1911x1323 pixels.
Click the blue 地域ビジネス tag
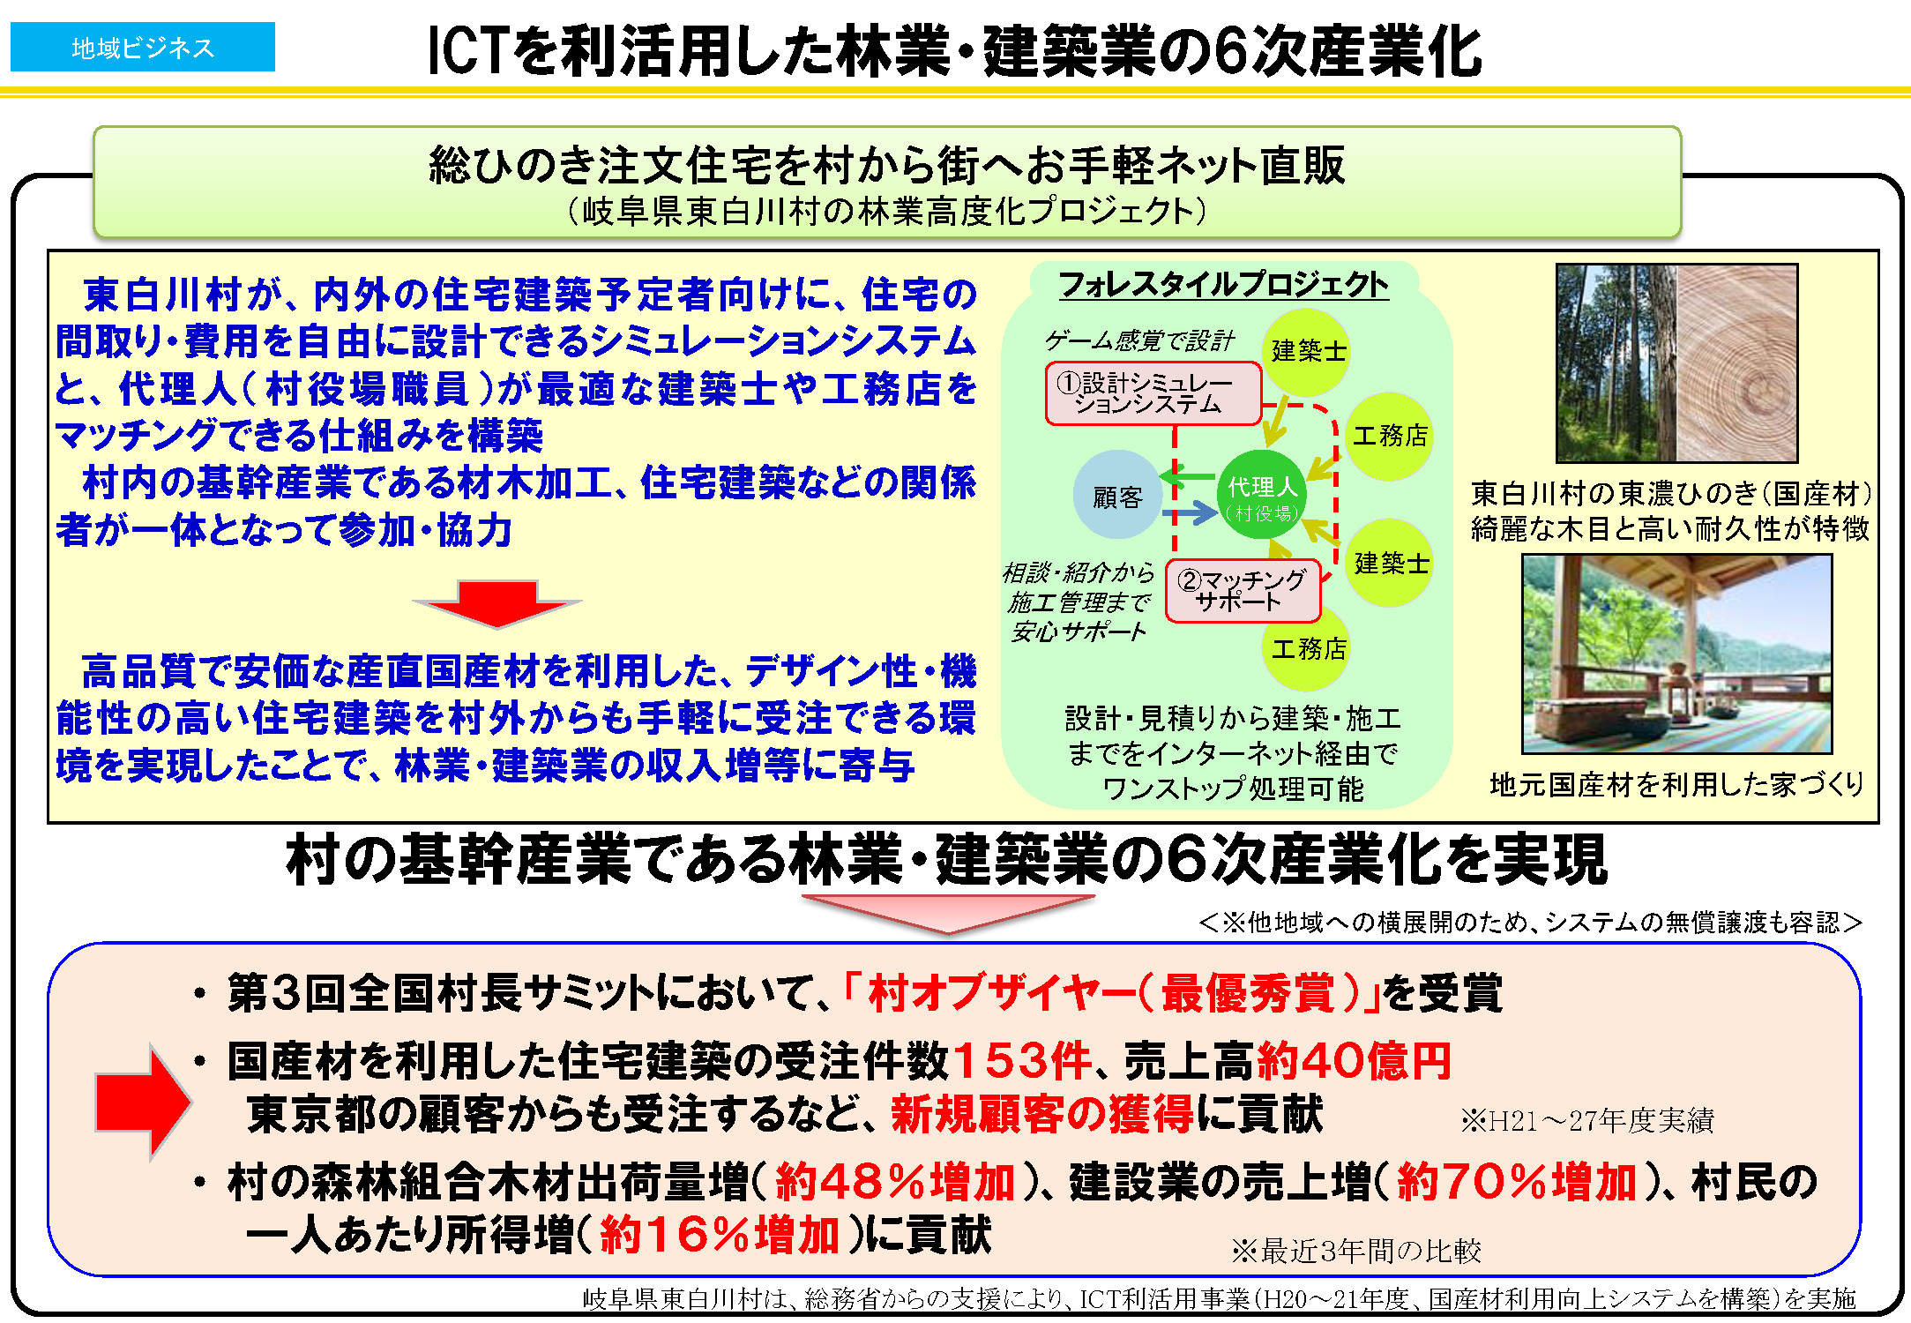click(x=143, y=47)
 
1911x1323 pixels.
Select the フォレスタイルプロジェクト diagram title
click(x=1223, y=284)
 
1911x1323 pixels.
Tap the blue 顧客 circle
click(x=1117, y=495)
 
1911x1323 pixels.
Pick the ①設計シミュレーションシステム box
click(x=1153, y=393)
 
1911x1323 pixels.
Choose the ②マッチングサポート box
click(x=1243, y=591)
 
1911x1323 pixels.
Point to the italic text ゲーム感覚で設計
click(x=1139, y=340)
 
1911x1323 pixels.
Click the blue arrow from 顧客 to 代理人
click(x=1190, y=512)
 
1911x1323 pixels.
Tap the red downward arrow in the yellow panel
click(x=496, y=604)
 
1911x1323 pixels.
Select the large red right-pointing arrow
click(x=143, y=1102)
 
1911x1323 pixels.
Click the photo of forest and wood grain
click(x=1676, y=363)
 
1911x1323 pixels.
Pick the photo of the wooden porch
click(x=1676, y=654)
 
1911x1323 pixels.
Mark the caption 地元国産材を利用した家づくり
click(x=1676, y=784)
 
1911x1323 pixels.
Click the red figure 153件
click(x=1022, y=1060)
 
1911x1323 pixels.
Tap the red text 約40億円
click(x=1353, y=1060)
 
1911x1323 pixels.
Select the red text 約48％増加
click(x=895, y=1182)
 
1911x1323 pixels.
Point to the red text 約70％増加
click(x=1517, y=1182)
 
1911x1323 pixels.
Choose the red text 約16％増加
click(x=720, y=1234)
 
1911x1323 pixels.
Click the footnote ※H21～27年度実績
click(x=1587, y=1120)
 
